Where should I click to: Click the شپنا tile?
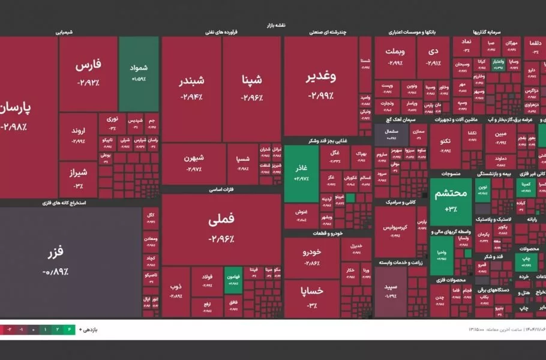[x=252, y=87]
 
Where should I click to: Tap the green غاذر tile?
[x=301, y=173]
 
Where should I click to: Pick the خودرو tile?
[x=311, y=257]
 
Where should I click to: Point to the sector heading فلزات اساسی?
[x=221, y=189]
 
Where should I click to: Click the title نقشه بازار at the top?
[x=275, y=25]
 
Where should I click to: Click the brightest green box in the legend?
[x=71, y=329]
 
